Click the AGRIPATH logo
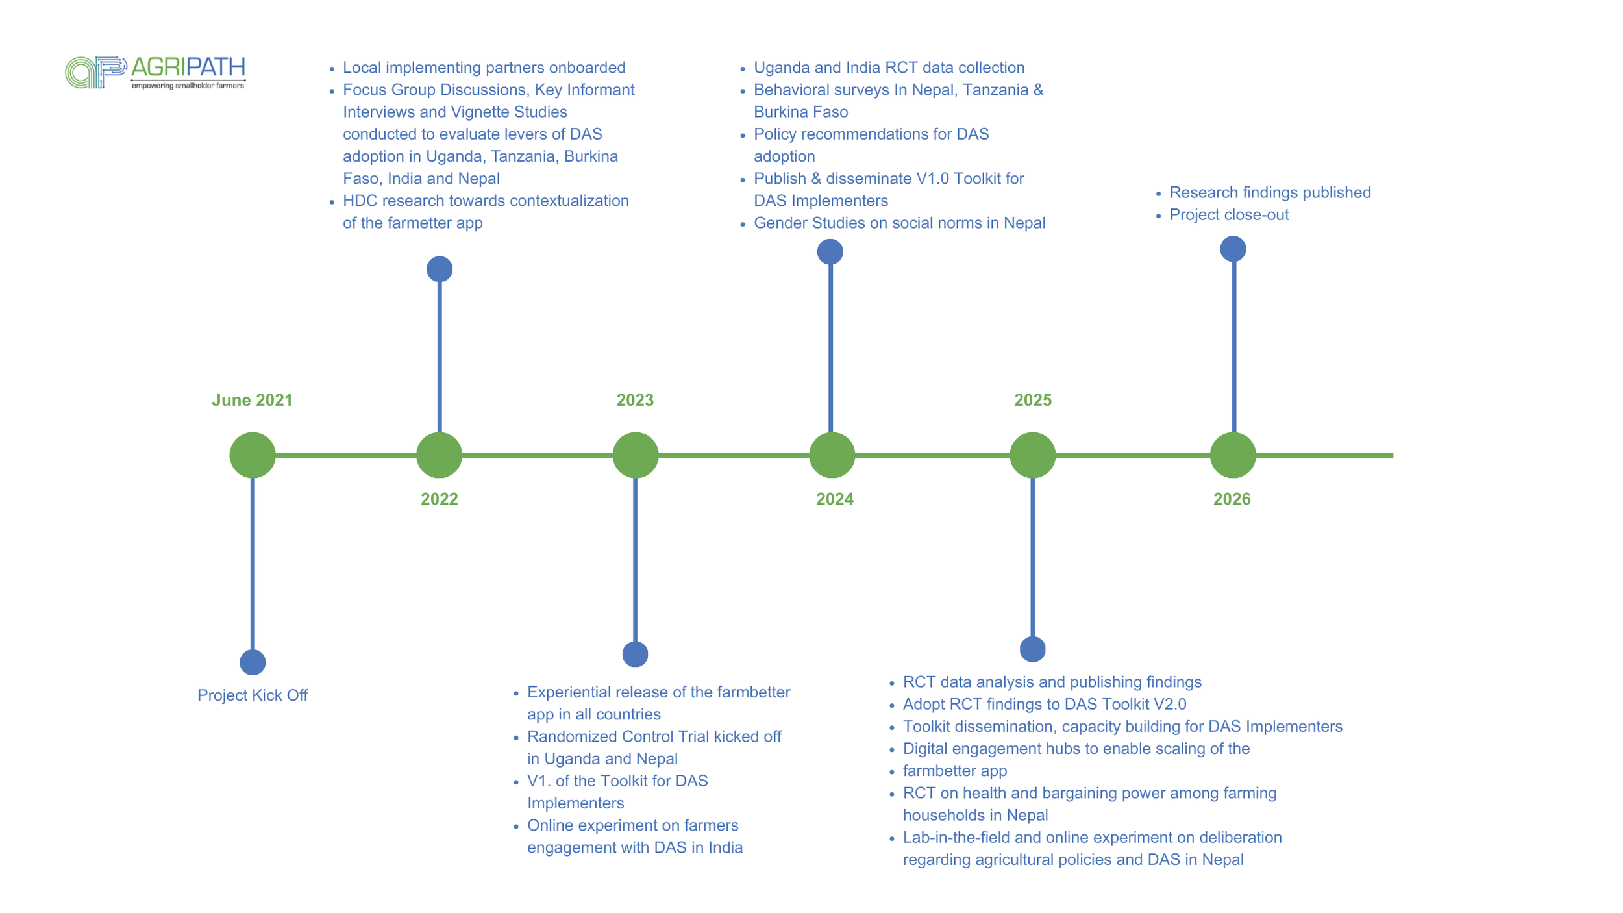click(155, 72)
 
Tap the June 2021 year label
click(252, 400)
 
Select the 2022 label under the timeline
click(439, 499)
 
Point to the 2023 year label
click(634, 400)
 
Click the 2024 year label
click(834, 499)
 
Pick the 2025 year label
click(1032, 400)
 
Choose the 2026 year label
click(1232, 499)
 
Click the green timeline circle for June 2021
click(253, 455)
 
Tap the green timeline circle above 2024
click(832, 455)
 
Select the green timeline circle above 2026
click(1232, 455)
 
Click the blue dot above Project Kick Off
click(253, 662)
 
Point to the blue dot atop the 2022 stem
click(440, 269)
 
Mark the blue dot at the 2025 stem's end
click(1032, 649)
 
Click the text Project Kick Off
click(253, 695)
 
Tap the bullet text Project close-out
click(1228, 215)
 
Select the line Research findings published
click(1269, 193)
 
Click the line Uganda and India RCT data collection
click(889, 68)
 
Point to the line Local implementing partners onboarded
click(484, 68)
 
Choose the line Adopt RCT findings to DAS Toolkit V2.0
click(1044, 705)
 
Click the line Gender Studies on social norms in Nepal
click(899, 223)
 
